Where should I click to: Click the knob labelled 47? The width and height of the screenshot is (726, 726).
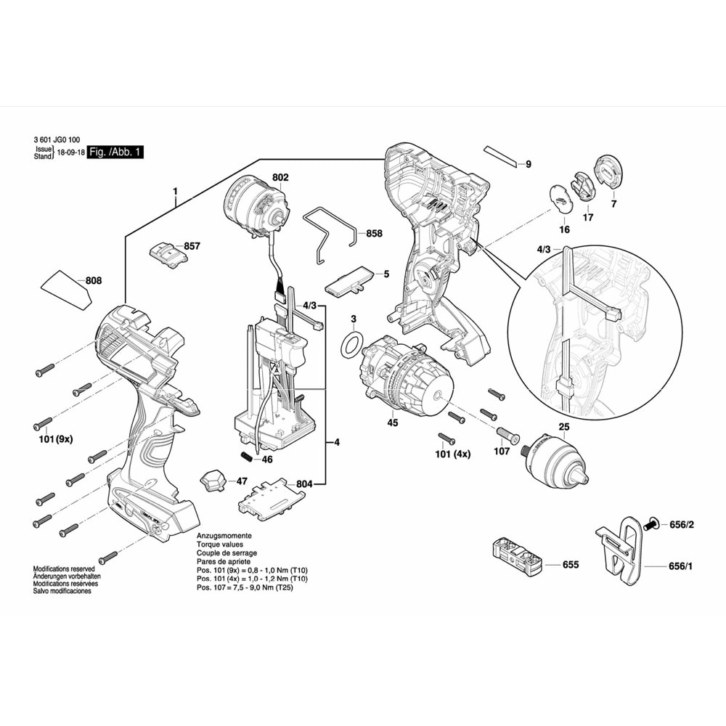[x=213, y=481]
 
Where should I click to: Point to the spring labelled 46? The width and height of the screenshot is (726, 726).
[x=248, y=457]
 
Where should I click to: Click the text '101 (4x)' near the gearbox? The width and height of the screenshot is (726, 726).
[x=453, y=454]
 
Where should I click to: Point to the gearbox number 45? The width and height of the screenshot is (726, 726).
[x=393, y=423]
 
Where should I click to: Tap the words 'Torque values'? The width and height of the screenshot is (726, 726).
[x=220, y=544]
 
